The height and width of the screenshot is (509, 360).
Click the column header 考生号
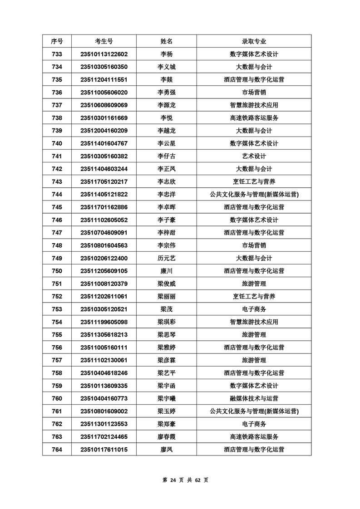[x=104, y=41]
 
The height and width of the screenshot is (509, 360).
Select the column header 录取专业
[x=254, y=41]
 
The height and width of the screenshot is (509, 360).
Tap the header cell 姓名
[x=167, y=41]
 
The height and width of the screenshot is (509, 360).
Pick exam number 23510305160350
[x=104, y=67]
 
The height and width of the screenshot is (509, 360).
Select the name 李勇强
[x=167, y=93]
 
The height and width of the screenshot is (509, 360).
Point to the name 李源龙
[x=167, y=105]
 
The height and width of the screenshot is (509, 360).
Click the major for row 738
[x=254, y=118]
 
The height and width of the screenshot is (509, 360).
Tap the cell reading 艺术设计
[x=254, y=156]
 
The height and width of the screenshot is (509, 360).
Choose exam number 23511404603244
[x=104, y=169]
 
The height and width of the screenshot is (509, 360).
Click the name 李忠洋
[x=167, y=195]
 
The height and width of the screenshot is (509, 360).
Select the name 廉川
[x=167, y=271]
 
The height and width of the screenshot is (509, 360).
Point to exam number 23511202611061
[x=104, y=297]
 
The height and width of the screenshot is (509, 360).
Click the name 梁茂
[x=167, y=309]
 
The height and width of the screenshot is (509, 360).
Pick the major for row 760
[x=254, y=399]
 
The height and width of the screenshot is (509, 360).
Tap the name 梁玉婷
[x=167, y=411]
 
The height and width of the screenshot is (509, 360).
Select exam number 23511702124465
[x=104, y=437]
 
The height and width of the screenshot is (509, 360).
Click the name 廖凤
[x=167, y=450]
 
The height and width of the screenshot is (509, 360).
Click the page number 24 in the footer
[x=172, y=480]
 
